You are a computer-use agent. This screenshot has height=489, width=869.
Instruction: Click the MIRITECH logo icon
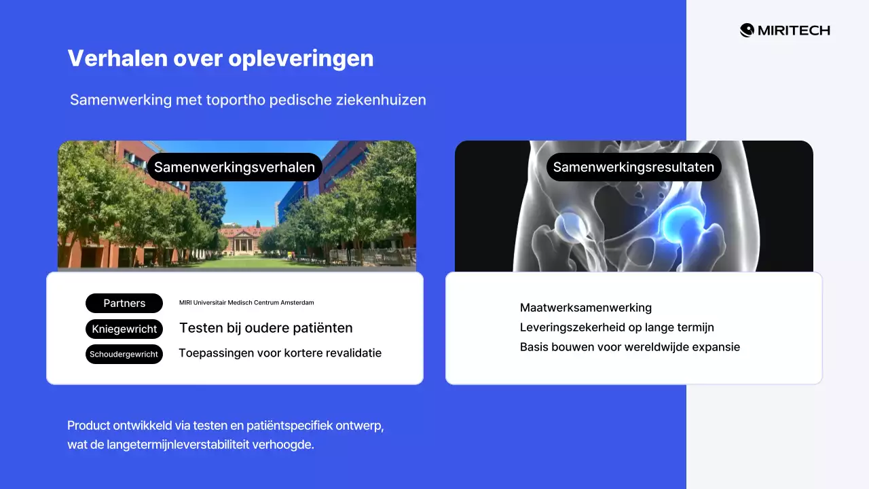[x=747, y=30]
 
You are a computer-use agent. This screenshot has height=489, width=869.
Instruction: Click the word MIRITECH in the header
[x=794, y=31]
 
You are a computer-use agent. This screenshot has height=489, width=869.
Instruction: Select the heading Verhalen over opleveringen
[x=221, y=58]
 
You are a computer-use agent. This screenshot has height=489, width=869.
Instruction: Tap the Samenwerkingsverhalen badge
[x=235, y=167]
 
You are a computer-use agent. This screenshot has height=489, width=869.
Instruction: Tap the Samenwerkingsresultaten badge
[x=633, y=167]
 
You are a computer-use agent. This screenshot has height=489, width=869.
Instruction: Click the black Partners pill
[x=124, y=303]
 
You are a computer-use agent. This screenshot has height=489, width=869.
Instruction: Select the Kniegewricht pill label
[x=124, y=329]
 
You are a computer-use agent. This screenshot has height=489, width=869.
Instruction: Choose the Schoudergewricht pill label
[x=124, y=354]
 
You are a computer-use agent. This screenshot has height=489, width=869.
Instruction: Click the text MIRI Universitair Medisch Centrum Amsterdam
[x=246, y=303]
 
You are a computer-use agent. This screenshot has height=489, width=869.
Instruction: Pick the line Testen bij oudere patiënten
[x=265, y=328]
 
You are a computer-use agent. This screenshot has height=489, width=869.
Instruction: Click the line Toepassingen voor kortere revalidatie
[x=280, y=353]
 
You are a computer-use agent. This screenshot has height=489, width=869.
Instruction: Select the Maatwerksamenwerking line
[x=585, y=308]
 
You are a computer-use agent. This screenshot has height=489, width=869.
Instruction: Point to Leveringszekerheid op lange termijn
[x=616, y=327]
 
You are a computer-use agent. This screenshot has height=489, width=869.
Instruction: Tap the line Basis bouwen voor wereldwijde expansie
[x=629, y=347]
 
